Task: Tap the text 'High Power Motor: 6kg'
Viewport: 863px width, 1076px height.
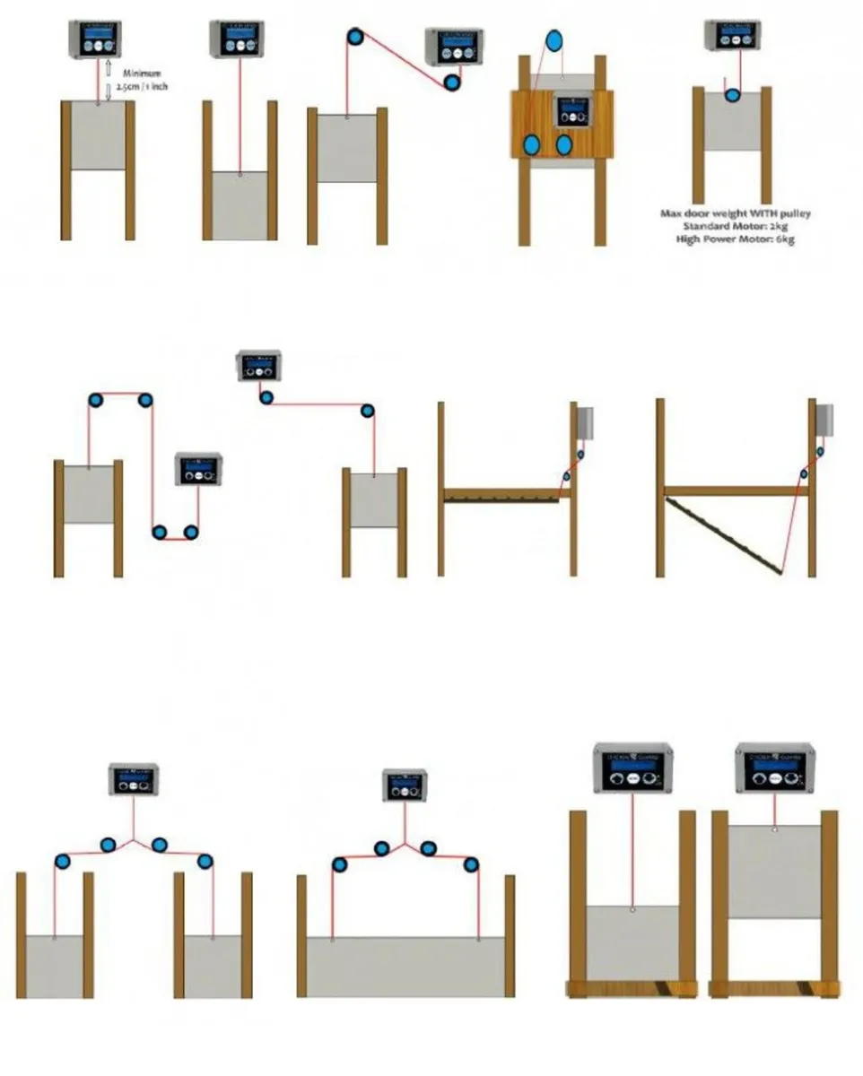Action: pos(736,240)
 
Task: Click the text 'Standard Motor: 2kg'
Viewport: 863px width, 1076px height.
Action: pos(736,227)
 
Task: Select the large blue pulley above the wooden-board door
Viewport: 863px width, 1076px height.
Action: pos(554,39)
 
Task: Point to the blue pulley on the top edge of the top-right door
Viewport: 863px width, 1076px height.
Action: pos(732,94)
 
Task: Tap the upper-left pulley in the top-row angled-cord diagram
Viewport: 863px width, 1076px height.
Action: pos(356,37)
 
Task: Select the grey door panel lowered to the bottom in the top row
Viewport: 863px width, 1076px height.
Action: pos(240,204)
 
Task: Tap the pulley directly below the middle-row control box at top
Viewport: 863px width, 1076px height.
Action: pos(266,397)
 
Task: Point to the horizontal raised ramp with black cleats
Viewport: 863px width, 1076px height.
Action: pos(502,494)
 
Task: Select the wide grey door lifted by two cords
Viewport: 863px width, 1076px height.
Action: pos(405,967)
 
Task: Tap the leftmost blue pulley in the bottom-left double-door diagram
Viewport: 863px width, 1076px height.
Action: pos(62,862)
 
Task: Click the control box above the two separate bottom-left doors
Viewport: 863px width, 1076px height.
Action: pos(135,780)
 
